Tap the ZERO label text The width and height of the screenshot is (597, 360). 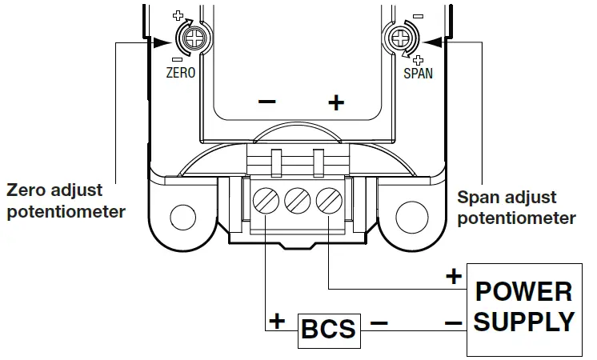(181, 72)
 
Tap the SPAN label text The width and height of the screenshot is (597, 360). (416, 73)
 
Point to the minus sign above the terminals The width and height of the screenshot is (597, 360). (266, 102)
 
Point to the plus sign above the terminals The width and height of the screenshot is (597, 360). (336, 102)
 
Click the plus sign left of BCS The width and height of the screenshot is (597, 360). (278, 322)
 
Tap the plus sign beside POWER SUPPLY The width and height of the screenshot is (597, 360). (454, 278)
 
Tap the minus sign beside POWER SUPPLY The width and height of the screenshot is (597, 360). (454, 323)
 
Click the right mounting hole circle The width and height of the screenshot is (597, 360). (411, 214)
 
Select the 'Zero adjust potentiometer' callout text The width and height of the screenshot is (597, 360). (66, 202)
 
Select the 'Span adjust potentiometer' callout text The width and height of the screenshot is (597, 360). (515, 207)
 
